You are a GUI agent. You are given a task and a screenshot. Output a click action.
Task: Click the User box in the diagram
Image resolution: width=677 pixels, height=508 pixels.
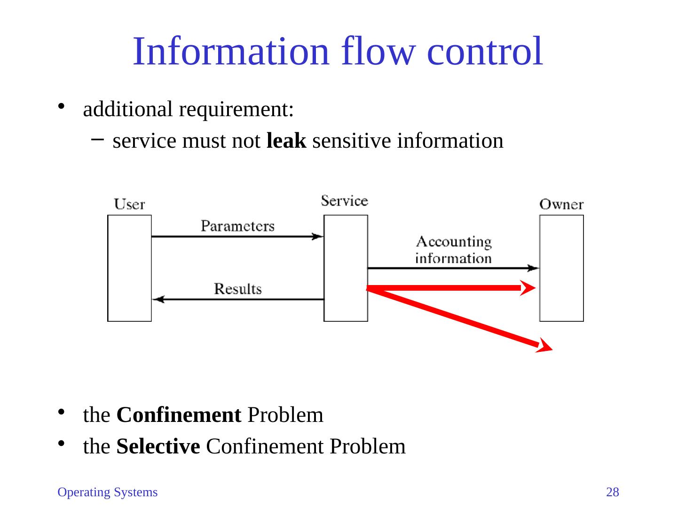tap(130, 268)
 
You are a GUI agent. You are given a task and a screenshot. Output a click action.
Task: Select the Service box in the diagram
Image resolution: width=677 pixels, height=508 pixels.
tap(346, 268)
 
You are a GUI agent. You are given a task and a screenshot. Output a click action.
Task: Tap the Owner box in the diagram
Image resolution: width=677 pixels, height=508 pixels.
tap(561, 268)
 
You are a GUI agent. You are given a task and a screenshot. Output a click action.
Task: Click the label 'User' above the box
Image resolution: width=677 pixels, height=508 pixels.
tap(130, 205)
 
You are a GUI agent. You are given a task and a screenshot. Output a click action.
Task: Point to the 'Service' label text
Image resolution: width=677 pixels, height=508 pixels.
tap(345, 201)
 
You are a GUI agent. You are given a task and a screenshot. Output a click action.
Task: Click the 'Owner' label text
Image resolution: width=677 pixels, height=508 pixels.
tap(561, 205)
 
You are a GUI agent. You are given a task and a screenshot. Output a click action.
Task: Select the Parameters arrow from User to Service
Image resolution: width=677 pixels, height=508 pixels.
tap(237, 237)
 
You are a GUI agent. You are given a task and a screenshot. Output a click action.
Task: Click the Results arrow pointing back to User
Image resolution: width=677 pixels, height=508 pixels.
tap(238, 299)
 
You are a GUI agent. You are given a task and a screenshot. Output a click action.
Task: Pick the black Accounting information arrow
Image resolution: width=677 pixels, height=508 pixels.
tap(453, 268)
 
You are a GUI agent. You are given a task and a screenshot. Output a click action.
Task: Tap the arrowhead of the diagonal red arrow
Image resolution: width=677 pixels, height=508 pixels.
tap(545, 347)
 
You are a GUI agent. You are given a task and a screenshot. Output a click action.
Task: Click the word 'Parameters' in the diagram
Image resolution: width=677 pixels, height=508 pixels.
tap(237, 226)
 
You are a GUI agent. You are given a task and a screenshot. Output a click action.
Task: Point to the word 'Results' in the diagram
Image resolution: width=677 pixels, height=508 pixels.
tap(238, 288)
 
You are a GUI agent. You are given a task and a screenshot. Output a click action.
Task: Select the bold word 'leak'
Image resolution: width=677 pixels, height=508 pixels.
tap(286, 141)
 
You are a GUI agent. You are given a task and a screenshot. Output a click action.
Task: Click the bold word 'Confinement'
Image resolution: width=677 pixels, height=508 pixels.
tap(179, 415)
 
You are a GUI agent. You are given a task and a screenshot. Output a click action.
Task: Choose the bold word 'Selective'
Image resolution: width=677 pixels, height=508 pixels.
tap(158, 446)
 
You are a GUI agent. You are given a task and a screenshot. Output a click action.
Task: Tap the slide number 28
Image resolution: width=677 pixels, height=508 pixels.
tap(613, 492)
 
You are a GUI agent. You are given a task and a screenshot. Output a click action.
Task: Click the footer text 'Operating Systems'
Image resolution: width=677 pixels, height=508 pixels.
tap(107, 492)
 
